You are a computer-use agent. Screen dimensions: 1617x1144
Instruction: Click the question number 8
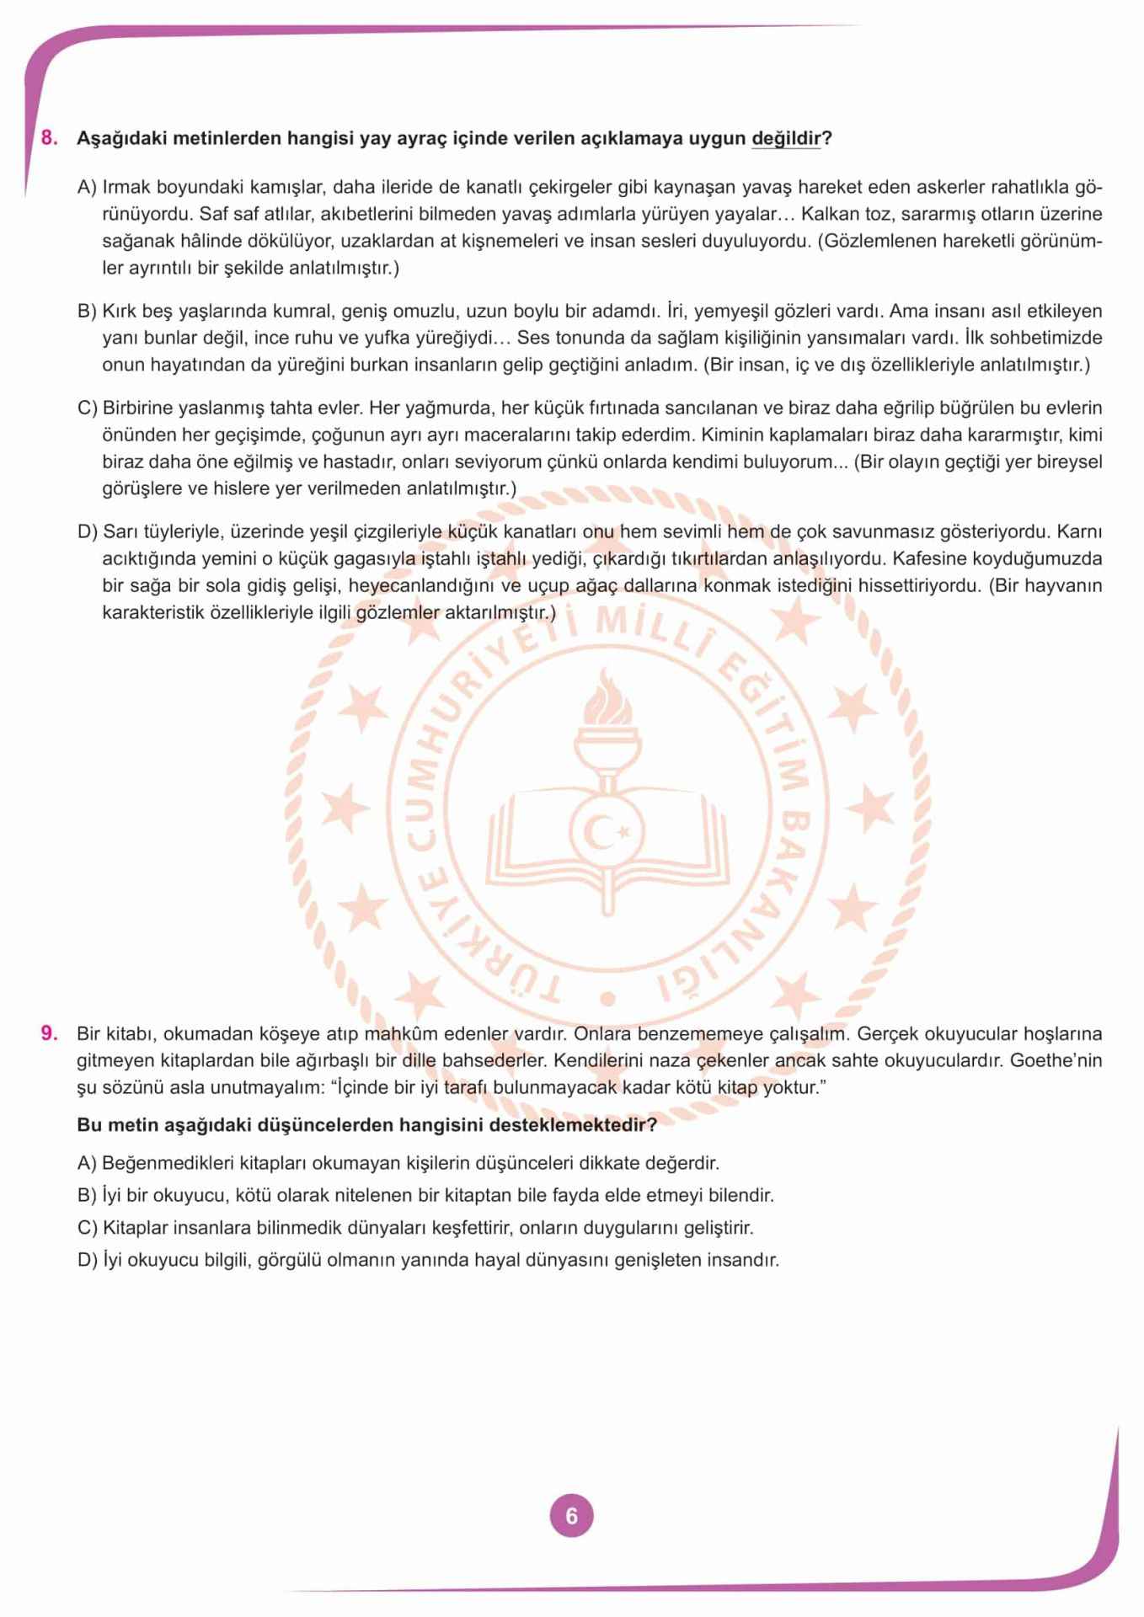pyautogui.click(x=50, y=138)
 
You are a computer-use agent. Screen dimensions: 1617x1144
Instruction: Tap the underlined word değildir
pyautogui.click(x=785, y=138)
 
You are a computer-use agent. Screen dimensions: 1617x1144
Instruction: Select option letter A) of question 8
pyautogui.click(x=87, y=187)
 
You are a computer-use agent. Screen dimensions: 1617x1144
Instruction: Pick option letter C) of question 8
pyautogui.click(x=88, y=408)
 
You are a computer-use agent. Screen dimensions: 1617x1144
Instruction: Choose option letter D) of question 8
pyautogui.click(x=88, y=532)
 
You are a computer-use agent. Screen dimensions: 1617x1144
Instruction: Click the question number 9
pyautogui.click(x=50, y=1033)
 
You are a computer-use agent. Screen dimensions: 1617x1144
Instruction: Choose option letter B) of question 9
pyautogui.click(x=87, y=1196)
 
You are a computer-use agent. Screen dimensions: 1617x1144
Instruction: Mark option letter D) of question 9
pyautogui.click(x=88, y=1261)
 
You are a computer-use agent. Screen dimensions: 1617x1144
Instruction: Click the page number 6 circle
pyautogui.click(x=571, y=1516)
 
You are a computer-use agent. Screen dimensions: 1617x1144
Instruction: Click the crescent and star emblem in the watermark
pyautogui.click(x=607, y=833)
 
